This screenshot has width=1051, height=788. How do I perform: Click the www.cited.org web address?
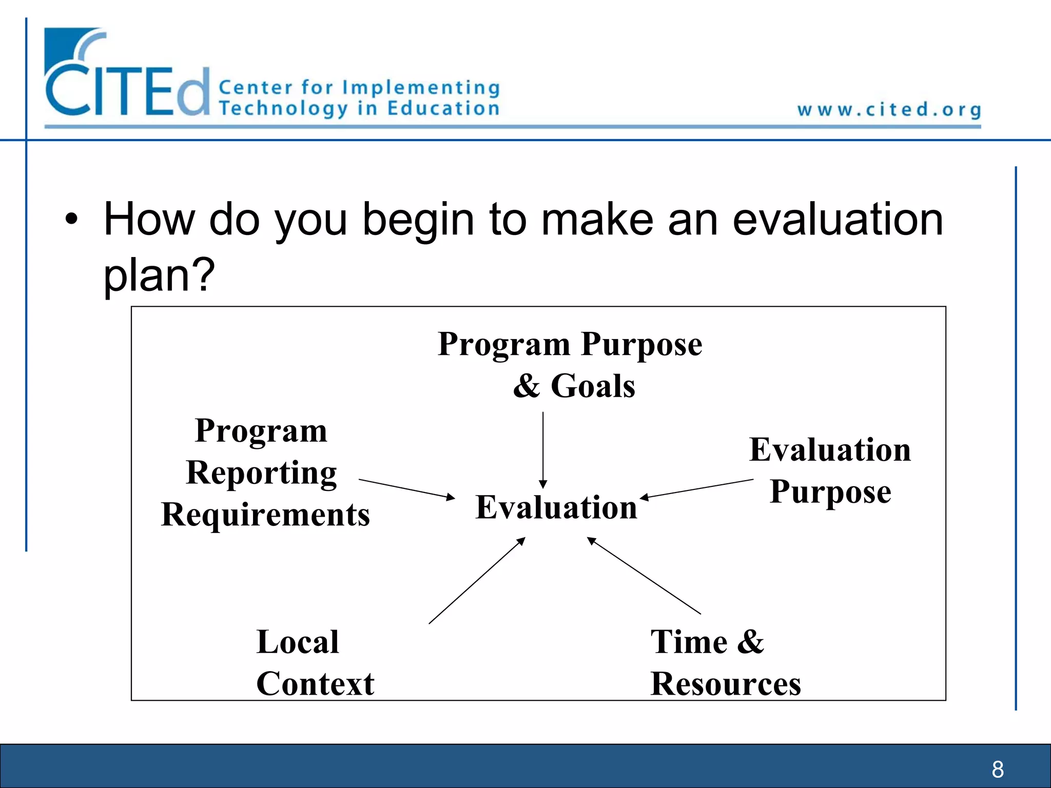[x=889, y=110]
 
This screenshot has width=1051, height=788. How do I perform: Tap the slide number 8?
[x=998, y=769]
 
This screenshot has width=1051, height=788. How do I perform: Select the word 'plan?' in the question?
[x=159, y=275]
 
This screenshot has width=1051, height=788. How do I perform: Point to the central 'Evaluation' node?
[x=556, y=507]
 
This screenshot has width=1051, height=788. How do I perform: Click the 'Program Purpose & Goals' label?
[x=571, y=364]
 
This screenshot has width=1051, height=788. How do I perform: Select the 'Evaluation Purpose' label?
[x=830, y=470]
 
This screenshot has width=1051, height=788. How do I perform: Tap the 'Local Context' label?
[x=314, y=662]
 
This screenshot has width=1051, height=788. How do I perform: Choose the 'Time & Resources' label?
[x=725, y=662]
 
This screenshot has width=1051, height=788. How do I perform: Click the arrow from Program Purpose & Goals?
[x=543, y=449]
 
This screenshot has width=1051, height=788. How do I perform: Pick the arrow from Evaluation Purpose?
[x=697, y=488]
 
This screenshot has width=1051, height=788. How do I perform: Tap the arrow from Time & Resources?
[x=644, y=575]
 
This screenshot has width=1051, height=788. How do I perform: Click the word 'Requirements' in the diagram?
[x=265, y=515]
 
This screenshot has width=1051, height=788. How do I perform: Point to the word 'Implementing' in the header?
[x=421, y=88]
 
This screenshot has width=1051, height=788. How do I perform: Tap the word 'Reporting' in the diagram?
[x=261, y=472]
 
